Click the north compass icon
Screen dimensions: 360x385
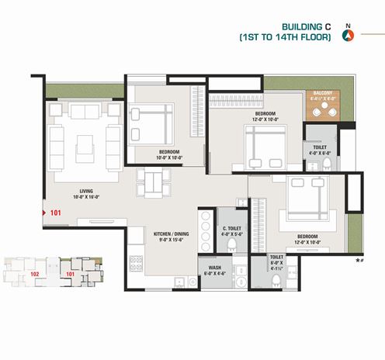click(x=347, y=33)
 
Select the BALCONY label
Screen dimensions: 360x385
click(x=323, y=94)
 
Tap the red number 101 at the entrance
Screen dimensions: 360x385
click(x=55, y=211)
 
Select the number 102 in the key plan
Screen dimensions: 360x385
click(x=34, y=274)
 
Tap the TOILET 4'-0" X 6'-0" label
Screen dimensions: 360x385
click(x=320, y=149)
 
